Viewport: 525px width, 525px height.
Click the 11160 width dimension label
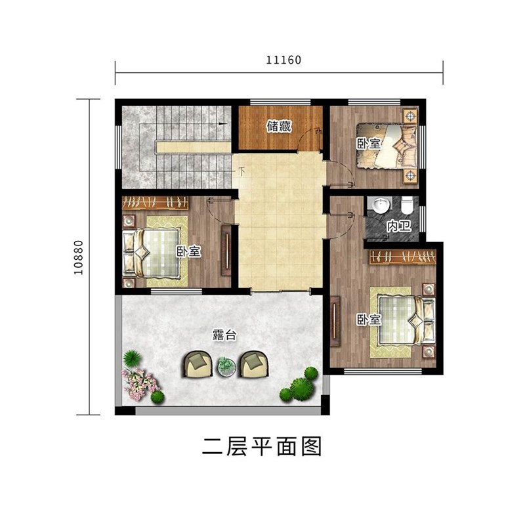click(283, 60)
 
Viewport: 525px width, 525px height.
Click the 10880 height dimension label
click(78, 257)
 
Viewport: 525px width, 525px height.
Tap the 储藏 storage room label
click(279, 127)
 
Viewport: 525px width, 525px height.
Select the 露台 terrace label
click(224, 335)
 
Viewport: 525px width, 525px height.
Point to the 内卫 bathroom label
click(398, 226)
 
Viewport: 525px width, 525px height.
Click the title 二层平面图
click(262, 446)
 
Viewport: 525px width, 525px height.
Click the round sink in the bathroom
click(381, 204)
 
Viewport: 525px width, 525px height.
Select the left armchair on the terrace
click(198, 364)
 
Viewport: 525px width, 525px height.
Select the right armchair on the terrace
click(253, 364)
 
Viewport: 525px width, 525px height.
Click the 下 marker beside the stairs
click(241, 171)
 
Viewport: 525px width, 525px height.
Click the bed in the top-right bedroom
click(387, 146)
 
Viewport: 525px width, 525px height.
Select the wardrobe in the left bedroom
click(156, 203)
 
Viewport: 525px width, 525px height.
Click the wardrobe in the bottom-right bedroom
click(402, 257)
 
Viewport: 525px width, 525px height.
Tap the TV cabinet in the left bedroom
click(226, 251)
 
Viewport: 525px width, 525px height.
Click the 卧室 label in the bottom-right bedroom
click(368, 320)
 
